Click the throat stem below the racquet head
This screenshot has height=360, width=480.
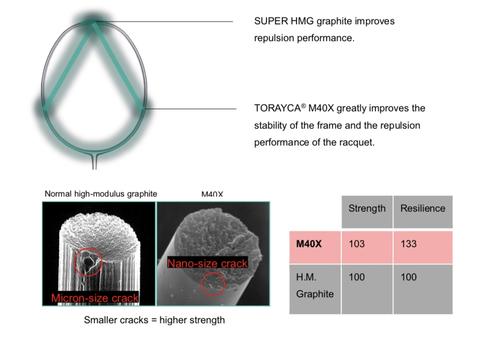pyautogui.click(x=97, y=160)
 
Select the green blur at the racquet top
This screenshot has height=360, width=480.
pyautogui.click(x=95, y=15)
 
